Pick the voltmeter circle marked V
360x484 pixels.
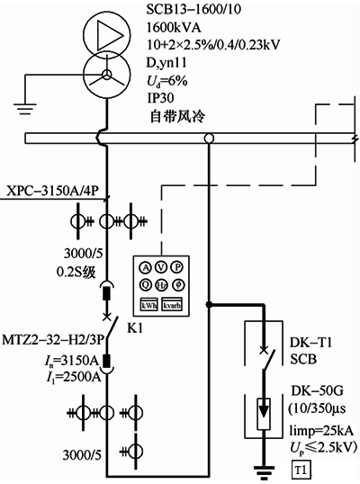[x=159, y=266]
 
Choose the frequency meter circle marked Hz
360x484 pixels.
[x=159, y=285]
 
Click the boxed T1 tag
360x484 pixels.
[x=299, y=469]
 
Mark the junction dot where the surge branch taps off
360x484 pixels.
[x=209, y=304]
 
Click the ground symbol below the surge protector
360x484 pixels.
[x=264, y=465]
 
